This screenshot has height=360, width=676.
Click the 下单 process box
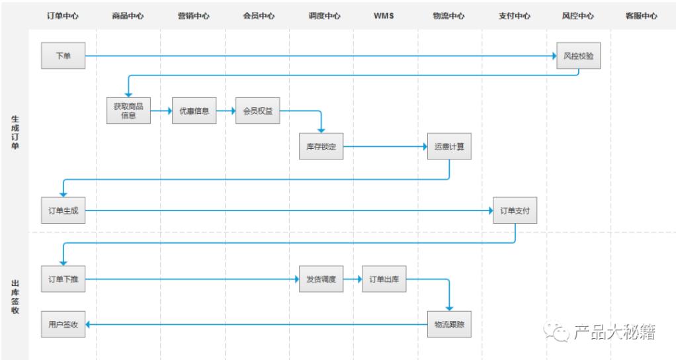[63, 56]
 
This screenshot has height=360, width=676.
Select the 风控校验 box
[578, 56]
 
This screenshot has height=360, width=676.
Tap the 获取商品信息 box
[128, 111]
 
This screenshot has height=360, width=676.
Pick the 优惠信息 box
[194, 111]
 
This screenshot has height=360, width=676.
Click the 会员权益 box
[258, 111]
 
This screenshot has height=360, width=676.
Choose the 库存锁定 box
[321, 147]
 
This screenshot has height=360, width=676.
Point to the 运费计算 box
[449, 147]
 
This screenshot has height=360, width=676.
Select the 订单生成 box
[63, 211]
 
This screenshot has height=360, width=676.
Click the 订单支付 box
[515, 211]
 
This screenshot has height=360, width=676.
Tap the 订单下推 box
[63, 279]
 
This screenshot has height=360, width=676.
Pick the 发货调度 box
[321, 279]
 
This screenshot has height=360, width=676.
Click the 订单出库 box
[384, 279]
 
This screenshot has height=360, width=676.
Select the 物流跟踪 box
[449, 324]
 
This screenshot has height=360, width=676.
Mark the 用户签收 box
[63, 324]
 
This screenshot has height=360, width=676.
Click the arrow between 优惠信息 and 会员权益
[226, 111]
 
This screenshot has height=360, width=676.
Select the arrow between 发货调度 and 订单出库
[353, 279]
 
